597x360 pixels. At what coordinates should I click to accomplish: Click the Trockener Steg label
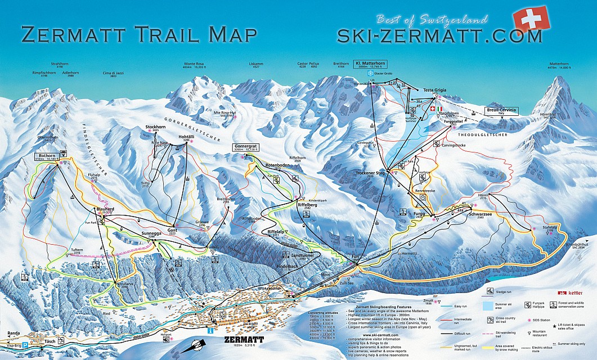369,173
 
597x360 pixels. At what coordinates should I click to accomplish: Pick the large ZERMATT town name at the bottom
243,340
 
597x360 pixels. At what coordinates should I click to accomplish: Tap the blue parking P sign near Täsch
24,341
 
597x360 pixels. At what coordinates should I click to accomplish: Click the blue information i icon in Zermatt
210,332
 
